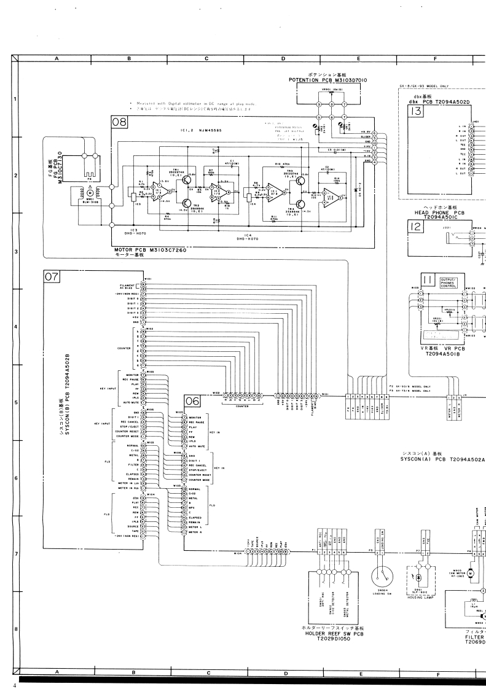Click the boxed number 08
click(x=119, y=122)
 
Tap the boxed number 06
click(x=192, y=401)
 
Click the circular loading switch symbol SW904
click(x=381, y=574)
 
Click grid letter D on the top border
click(x=283, y=59)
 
